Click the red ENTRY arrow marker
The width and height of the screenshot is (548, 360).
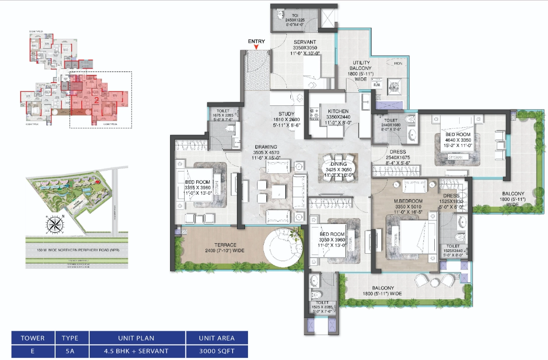click(x=257, y=47)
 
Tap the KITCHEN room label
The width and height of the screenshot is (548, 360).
click(x=338, y=112)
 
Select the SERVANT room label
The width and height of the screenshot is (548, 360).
click(x=305, y=42)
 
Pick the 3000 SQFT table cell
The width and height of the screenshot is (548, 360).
click(x=217, y=351)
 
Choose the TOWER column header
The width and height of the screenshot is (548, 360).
click(x=33, y=338)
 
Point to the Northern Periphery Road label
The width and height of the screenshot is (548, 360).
click(x=76, y=250)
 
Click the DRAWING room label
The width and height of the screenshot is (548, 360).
click(x=267, y=147)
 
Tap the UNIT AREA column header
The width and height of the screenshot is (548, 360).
click(x=217, y=338)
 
